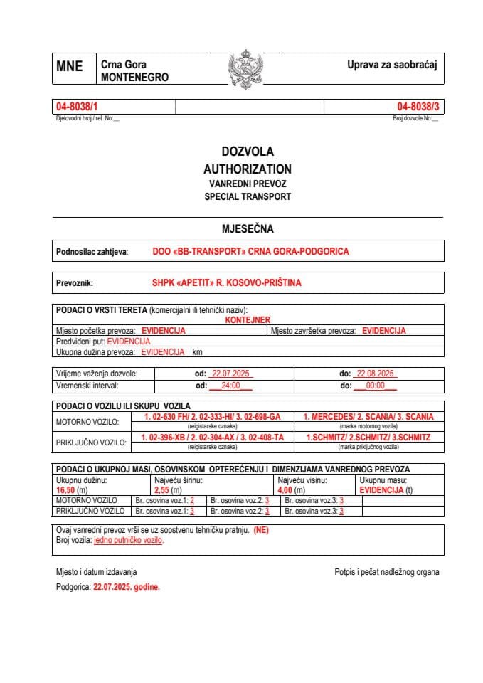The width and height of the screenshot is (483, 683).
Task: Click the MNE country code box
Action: tap(69, 67)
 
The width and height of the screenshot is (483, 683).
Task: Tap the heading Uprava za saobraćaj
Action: tap(391, 65)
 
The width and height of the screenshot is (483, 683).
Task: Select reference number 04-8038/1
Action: tap(75, 107)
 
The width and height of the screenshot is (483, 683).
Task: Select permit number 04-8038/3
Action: tap(418, 107)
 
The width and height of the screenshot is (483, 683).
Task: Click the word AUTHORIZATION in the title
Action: tap(248, 169)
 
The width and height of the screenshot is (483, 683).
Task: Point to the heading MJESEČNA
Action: tap(248, 229)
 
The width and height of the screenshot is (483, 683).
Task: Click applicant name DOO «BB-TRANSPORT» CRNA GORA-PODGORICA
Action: tap(250, 252)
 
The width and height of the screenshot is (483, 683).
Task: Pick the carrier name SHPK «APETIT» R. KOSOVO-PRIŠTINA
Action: tap(226, 282)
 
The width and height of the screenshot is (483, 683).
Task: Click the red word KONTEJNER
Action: tap(248, 321)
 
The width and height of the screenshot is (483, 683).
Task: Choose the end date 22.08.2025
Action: tap(377, 374)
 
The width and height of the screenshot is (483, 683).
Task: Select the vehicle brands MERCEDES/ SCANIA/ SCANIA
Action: tap(368, 417)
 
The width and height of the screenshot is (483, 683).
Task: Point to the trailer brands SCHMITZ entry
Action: tap(368, 438)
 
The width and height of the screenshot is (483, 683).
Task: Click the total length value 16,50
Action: tap(67, 491)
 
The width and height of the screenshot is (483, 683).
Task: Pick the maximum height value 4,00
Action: tap(287, 491)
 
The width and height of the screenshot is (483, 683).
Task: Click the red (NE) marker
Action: tap(261, 530)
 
